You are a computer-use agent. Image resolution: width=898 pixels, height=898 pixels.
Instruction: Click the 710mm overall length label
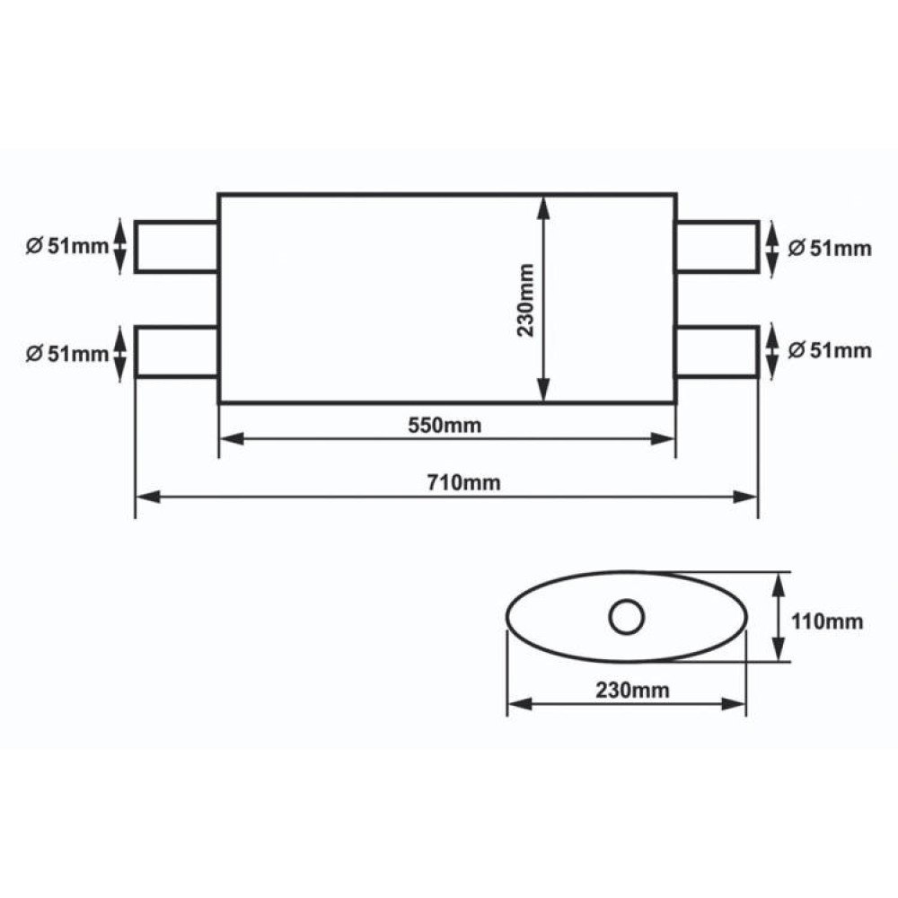(463, 483)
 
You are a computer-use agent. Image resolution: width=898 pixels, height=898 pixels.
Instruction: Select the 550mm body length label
(445, 426)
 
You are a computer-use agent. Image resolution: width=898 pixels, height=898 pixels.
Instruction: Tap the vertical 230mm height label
(525, 300)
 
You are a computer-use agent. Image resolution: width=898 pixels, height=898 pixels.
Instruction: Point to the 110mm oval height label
(826, 621)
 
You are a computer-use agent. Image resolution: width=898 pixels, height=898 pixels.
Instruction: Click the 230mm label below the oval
(632, 690)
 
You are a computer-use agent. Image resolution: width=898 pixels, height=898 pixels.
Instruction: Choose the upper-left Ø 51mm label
(67, 246)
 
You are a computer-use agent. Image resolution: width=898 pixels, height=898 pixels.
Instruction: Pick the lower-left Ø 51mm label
(67, 354)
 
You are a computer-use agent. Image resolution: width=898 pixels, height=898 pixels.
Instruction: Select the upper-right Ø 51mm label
(830, 249)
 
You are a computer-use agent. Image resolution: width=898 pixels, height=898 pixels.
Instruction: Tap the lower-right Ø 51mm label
(830, 350)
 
